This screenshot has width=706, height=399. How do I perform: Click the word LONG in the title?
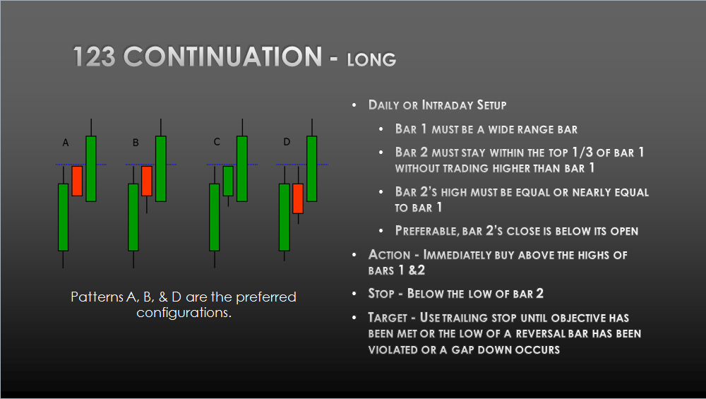coord(371,60)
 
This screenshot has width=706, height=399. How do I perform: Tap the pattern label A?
coord(66,143)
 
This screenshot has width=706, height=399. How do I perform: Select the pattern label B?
coord(136,143)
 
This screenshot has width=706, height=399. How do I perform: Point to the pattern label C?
coord(217,142)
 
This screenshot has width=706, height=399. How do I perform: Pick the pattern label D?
coord(287,142)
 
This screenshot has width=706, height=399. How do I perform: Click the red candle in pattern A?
coord(77,181)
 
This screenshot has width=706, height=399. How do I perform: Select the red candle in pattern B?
coord(147,181)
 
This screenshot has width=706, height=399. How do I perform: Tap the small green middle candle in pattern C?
coord(228,181)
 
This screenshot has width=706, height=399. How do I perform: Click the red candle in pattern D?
coord(298,198)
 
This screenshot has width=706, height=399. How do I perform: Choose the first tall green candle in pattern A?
coord(63,217)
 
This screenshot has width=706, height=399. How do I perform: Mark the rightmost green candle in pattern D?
coord(312,168)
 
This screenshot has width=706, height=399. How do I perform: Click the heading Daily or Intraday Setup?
coord(437,105)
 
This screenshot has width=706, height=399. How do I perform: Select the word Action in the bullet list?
coord(389,254)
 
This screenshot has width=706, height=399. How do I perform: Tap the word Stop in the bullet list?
coord(382,292)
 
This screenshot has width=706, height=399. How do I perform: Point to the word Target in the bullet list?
coord(388,318)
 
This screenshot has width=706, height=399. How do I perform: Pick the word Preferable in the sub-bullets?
coord(430,231)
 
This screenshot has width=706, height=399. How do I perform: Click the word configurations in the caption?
coord(184,312)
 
